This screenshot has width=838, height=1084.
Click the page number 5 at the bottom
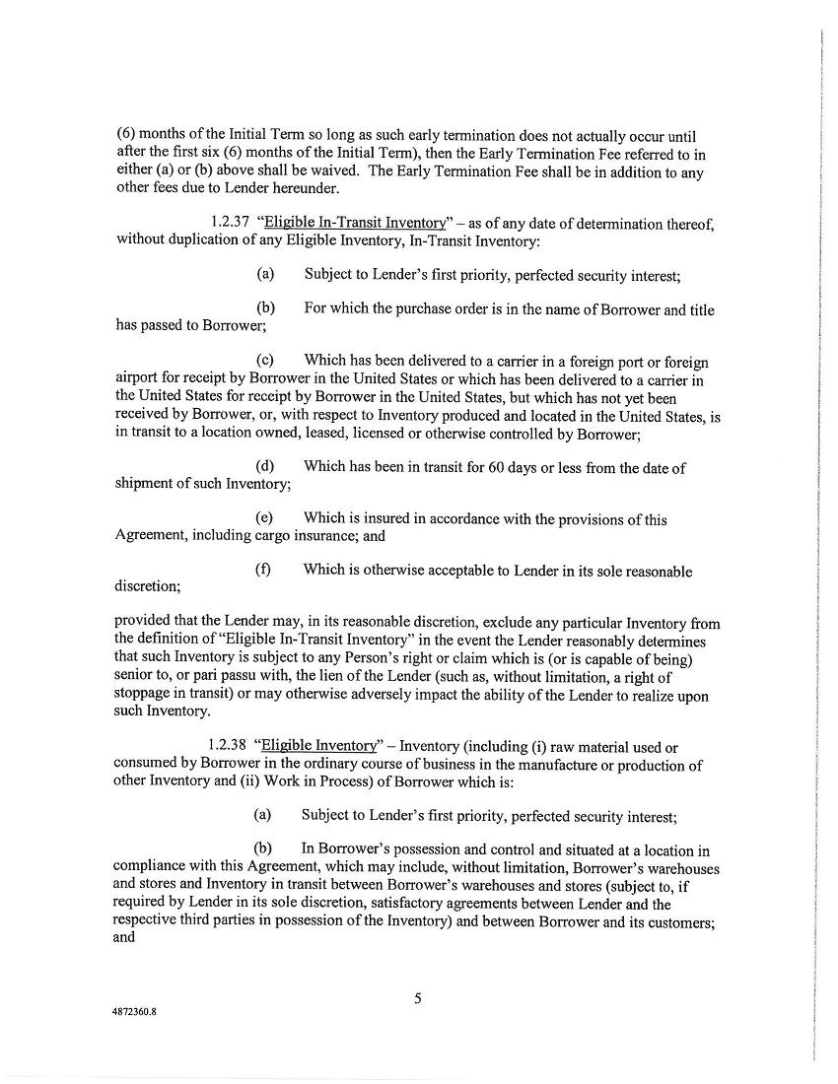[418, 998]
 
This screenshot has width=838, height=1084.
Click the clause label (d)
[263, 467]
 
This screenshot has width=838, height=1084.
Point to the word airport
[140, 380]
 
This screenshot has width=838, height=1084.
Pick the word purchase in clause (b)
[456, 310]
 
